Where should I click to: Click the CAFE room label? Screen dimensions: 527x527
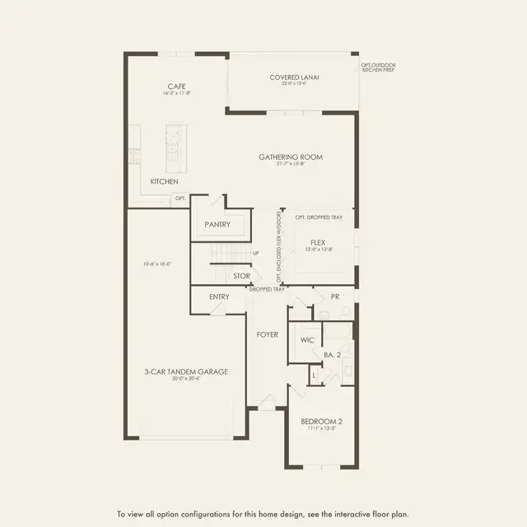(175, 86)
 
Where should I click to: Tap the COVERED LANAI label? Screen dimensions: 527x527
(294, 77)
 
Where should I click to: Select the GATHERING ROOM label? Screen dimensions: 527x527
(291, 156)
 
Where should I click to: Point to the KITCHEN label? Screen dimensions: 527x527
(164, 181)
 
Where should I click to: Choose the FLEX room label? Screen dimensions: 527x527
(319, 242)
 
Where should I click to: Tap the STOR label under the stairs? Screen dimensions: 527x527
(241, 277)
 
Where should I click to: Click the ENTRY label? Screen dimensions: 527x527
(219, 296)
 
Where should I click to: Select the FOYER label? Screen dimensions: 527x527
(267, 335)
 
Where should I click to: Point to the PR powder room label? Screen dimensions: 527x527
(336, 297)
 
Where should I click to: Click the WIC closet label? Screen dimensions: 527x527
(308, 339)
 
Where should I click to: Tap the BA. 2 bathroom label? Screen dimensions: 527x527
(332, 354)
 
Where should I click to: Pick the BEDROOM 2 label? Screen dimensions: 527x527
(321, 422)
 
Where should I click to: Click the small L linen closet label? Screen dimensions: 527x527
(314, 375)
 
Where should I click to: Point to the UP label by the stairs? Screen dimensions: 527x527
(256, 253)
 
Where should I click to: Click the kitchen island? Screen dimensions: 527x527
(175, 145)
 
